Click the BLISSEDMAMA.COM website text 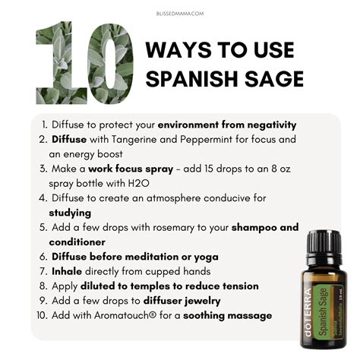coord(180,13)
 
